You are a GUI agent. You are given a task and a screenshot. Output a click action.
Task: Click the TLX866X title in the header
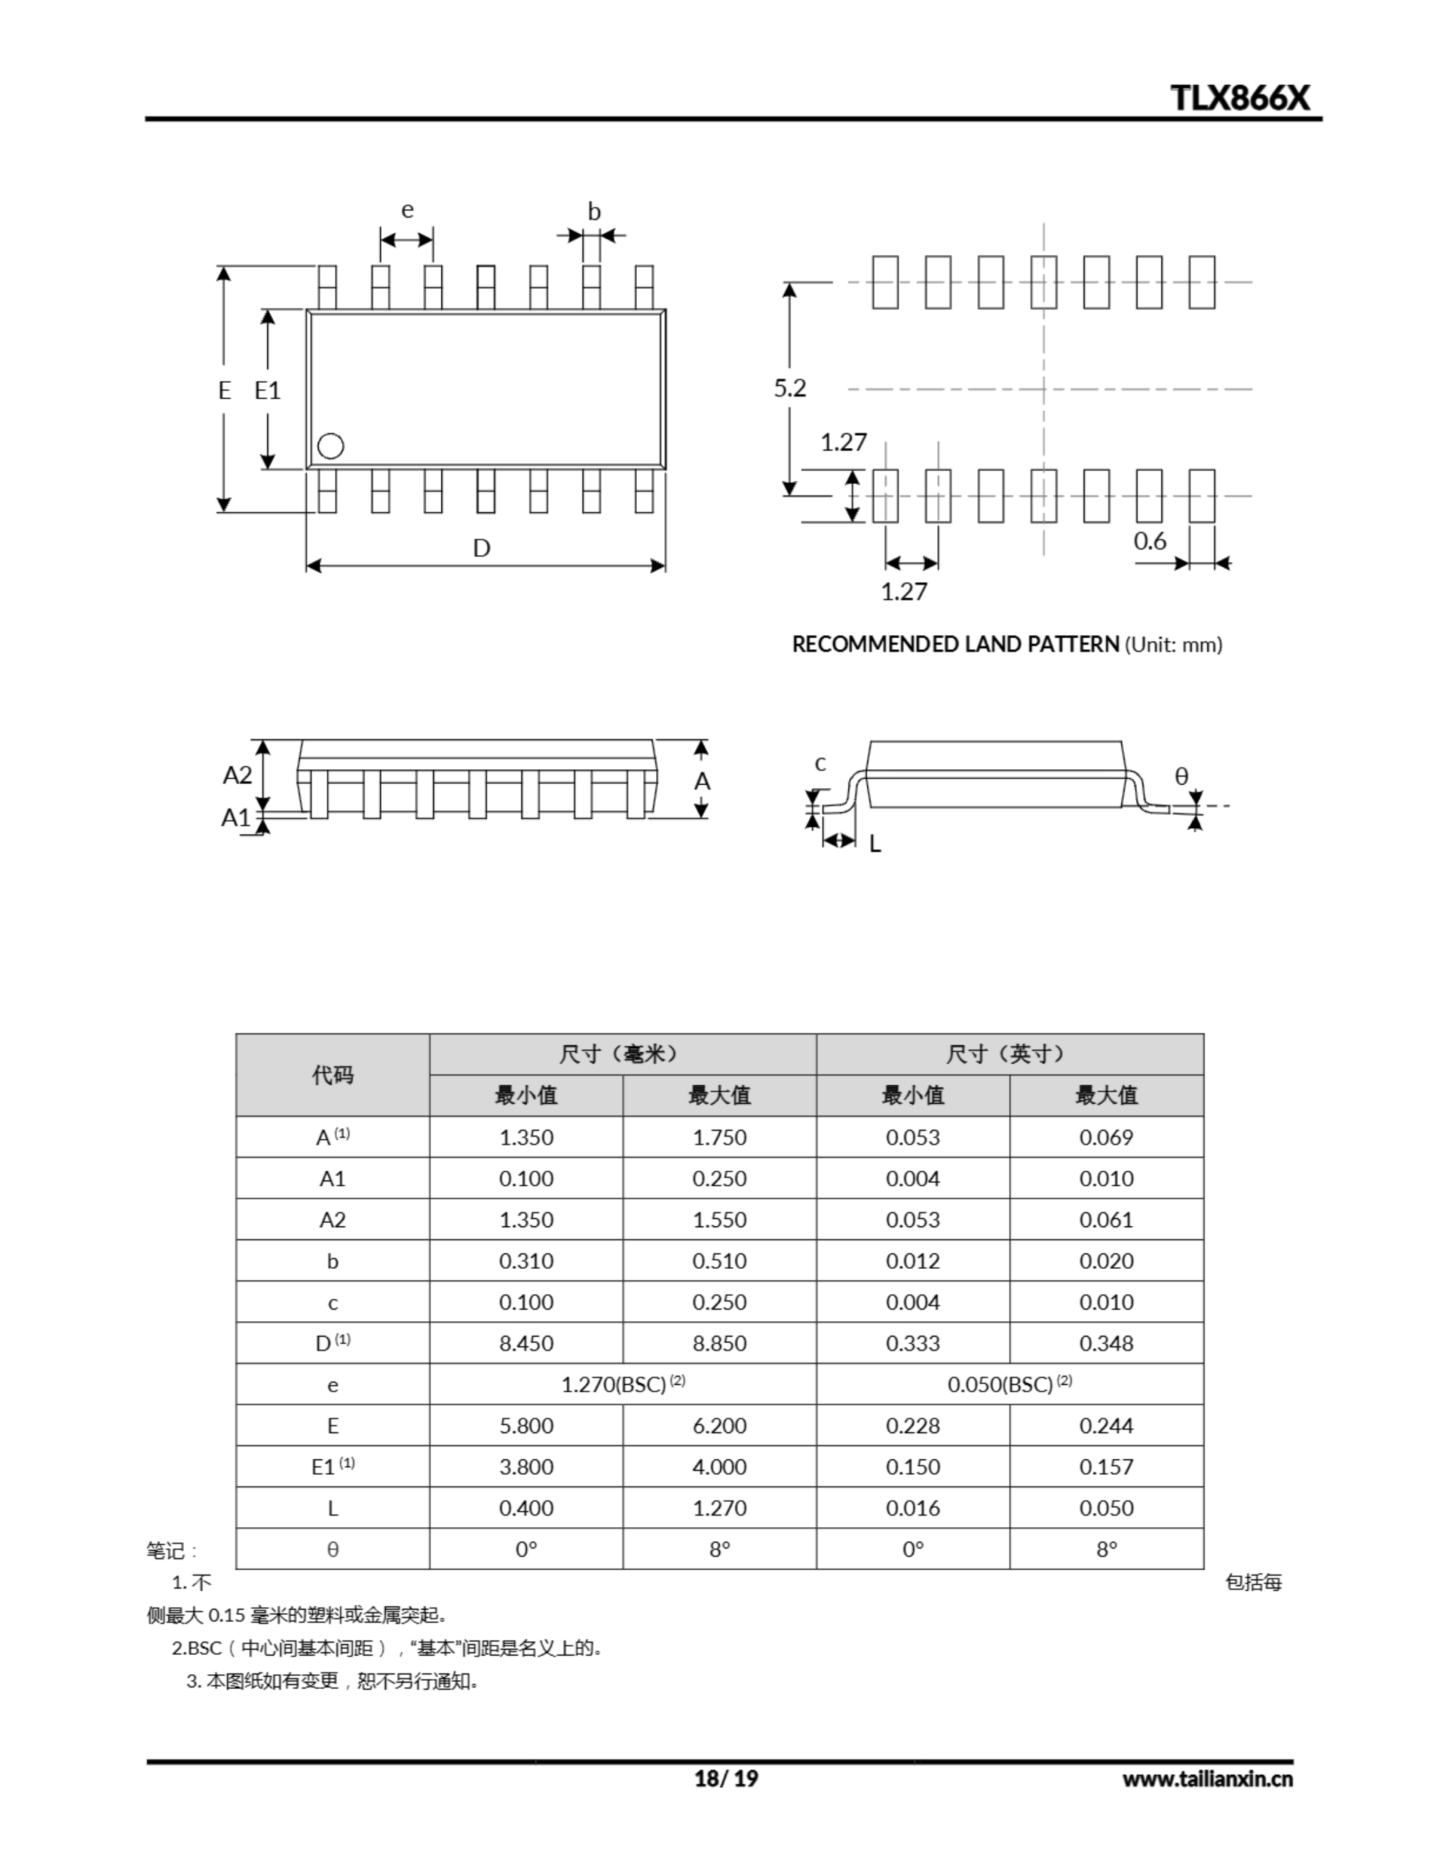point(1239,98)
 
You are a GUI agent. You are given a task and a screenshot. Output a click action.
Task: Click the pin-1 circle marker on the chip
point(331,446)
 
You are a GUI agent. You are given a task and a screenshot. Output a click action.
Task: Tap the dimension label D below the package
point(481,548)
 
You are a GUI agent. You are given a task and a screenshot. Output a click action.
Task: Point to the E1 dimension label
point(267,390)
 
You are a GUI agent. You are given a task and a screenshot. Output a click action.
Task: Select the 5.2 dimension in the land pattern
point(790,388)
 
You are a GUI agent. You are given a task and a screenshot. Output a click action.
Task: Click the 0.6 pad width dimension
point(1150,541)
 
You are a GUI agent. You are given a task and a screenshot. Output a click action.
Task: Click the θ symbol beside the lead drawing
point(1182,775)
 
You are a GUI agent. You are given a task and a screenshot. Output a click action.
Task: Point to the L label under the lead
point(875,844)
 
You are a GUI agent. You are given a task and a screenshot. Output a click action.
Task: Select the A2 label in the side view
point(237,775)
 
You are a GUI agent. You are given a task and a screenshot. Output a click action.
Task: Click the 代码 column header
point(332,1075)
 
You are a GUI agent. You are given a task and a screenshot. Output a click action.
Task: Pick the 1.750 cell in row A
point(719,1137)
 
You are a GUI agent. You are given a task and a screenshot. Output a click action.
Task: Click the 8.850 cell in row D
point(719,1343)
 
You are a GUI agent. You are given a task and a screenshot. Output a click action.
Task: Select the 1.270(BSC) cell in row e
point(622,1384)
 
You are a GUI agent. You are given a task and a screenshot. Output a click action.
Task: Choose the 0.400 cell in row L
point(526,1508)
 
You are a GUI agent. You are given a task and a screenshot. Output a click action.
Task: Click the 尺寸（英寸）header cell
point(1009,1054)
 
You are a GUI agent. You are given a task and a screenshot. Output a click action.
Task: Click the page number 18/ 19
point(726,1778)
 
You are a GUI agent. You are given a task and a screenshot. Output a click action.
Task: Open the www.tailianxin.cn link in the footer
point(1207,1779)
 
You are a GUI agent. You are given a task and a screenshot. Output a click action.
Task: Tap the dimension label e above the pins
point(407,209)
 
